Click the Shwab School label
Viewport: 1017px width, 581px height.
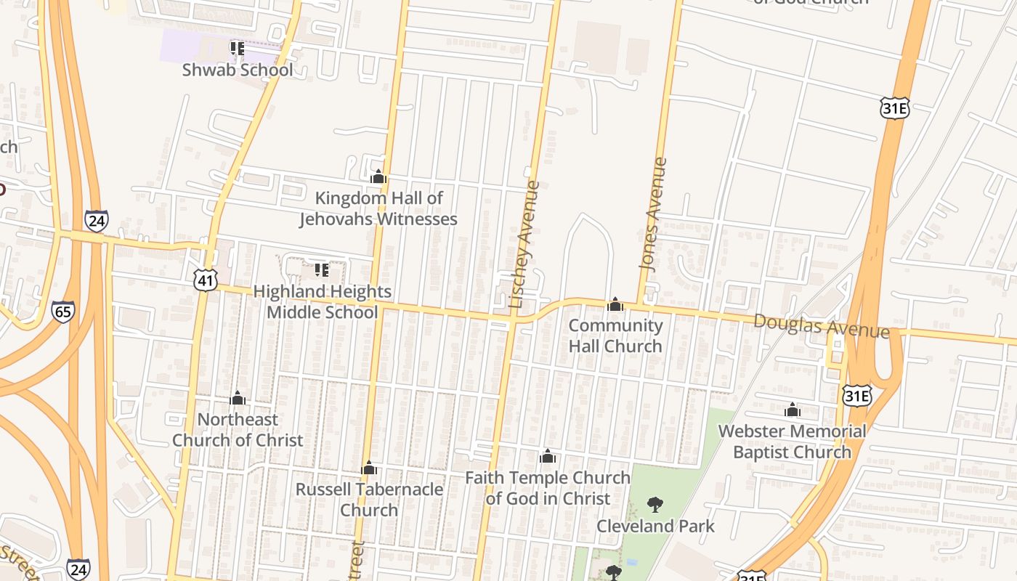238,70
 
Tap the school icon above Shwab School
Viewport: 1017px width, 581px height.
237,48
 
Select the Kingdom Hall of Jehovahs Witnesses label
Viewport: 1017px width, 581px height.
378,208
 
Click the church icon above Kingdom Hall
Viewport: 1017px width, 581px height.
378,176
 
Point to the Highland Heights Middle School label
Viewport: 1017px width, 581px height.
322,301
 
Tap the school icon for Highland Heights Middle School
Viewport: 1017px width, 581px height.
322,270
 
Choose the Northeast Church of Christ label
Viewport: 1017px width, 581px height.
238,429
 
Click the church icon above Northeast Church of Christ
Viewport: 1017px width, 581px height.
238,398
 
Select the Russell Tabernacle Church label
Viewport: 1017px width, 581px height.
369,499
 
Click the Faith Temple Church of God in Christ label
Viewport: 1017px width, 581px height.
548,487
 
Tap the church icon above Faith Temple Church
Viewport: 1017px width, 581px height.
548,456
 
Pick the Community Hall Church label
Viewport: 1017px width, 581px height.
615,335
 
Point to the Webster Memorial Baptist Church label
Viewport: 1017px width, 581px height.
792,442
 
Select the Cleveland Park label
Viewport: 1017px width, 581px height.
656,526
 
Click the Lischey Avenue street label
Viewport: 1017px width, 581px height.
524,244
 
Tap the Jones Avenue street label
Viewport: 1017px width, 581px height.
652,214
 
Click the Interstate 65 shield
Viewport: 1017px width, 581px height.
62,312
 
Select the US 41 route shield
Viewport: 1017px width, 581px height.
206,280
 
